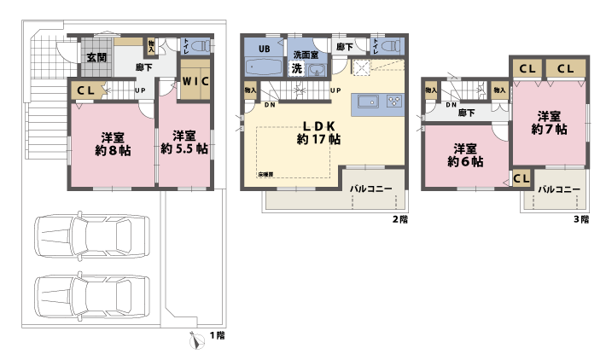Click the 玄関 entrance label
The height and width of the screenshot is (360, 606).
pos(95,57)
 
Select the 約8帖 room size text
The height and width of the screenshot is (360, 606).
pos(113,149)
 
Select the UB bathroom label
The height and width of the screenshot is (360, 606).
pos(265,49)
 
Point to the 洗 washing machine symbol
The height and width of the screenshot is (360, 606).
pos(296,68)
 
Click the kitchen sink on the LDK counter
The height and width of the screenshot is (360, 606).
pos(368,102)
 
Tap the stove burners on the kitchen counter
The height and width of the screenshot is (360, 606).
pos(395,102)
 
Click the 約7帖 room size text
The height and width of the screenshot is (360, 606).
pos(549,130)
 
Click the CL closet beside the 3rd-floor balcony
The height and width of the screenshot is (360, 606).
pos(522,178)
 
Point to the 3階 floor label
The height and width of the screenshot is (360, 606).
pos(580,219)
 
